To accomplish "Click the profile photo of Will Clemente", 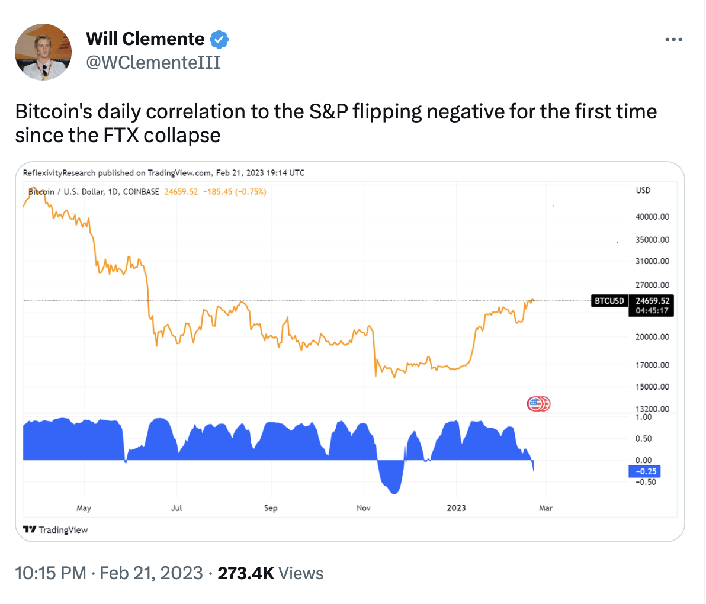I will coord(43,52).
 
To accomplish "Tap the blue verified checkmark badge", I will coord(219,40).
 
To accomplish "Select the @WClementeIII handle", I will coord(153,62).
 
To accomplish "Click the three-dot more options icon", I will coord(673,40).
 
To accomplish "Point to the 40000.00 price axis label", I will coord(652,217).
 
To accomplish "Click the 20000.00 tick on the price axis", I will coord(652,337).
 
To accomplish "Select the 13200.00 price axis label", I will coord(652,409).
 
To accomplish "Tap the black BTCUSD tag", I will coord(609,301).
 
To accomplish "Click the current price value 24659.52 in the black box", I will coord(652,301).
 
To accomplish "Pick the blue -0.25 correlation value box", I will coord(646,471).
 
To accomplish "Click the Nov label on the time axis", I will coord(364,508).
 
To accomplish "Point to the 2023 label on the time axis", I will coord(456,508).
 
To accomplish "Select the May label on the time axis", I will coord(84,508).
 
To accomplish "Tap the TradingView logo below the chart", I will coord(55,530).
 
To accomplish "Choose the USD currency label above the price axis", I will coord(643,191).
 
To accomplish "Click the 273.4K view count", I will coord(246,573).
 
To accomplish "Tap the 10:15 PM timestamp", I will coord(50,573).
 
